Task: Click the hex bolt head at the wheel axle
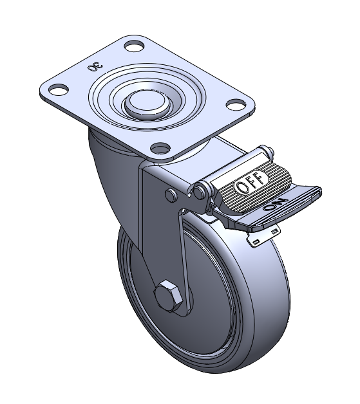tap(168, 296)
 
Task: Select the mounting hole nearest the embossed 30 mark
tap(59, 89)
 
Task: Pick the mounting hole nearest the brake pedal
tap(236, 104)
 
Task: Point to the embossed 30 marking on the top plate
tap(95, 68)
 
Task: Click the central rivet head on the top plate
tap(146, 102)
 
